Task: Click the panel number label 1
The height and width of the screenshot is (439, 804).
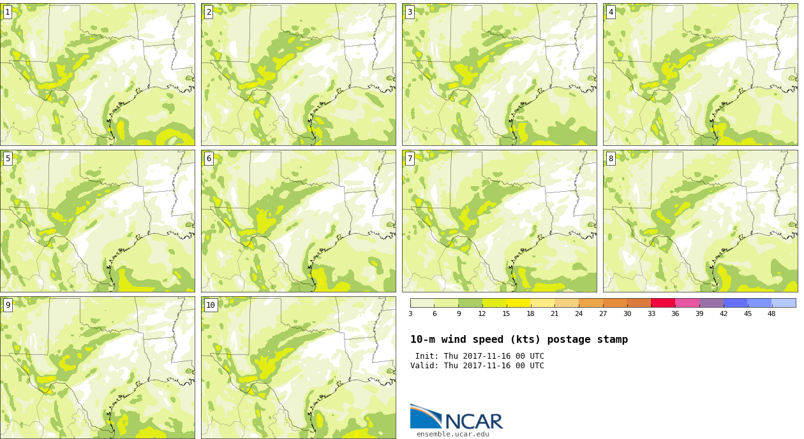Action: click(8, 12)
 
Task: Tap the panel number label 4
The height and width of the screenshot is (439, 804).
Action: click(611, 12)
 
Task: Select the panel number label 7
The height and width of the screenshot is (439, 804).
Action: click(410, 159)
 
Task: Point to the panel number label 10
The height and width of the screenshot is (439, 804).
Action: click(211, 305)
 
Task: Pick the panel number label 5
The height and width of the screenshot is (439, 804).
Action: click(8, 159)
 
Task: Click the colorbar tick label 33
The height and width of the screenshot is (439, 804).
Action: click(651, 313)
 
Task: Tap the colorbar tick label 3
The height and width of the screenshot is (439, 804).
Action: click(410, 313)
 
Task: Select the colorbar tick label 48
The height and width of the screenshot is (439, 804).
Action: click(771, 313)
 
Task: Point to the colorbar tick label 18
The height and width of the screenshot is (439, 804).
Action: click(530, 313)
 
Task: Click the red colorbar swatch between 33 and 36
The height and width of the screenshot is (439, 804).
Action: click(663, 303)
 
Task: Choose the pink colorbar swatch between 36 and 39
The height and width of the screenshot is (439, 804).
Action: click(687, 303)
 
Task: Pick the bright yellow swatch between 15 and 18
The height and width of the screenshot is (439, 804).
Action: click(518, 303)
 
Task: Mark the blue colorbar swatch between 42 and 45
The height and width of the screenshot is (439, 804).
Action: click(735, 303)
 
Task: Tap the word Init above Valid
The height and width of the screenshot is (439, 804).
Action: click(425, 356)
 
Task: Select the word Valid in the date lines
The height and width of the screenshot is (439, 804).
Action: click(422, 366)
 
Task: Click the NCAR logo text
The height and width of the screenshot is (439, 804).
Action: click(473, 421)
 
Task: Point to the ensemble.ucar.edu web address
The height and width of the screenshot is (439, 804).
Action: click(452, 435)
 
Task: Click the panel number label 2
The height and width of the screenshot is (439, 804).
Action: click(209, 12)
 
